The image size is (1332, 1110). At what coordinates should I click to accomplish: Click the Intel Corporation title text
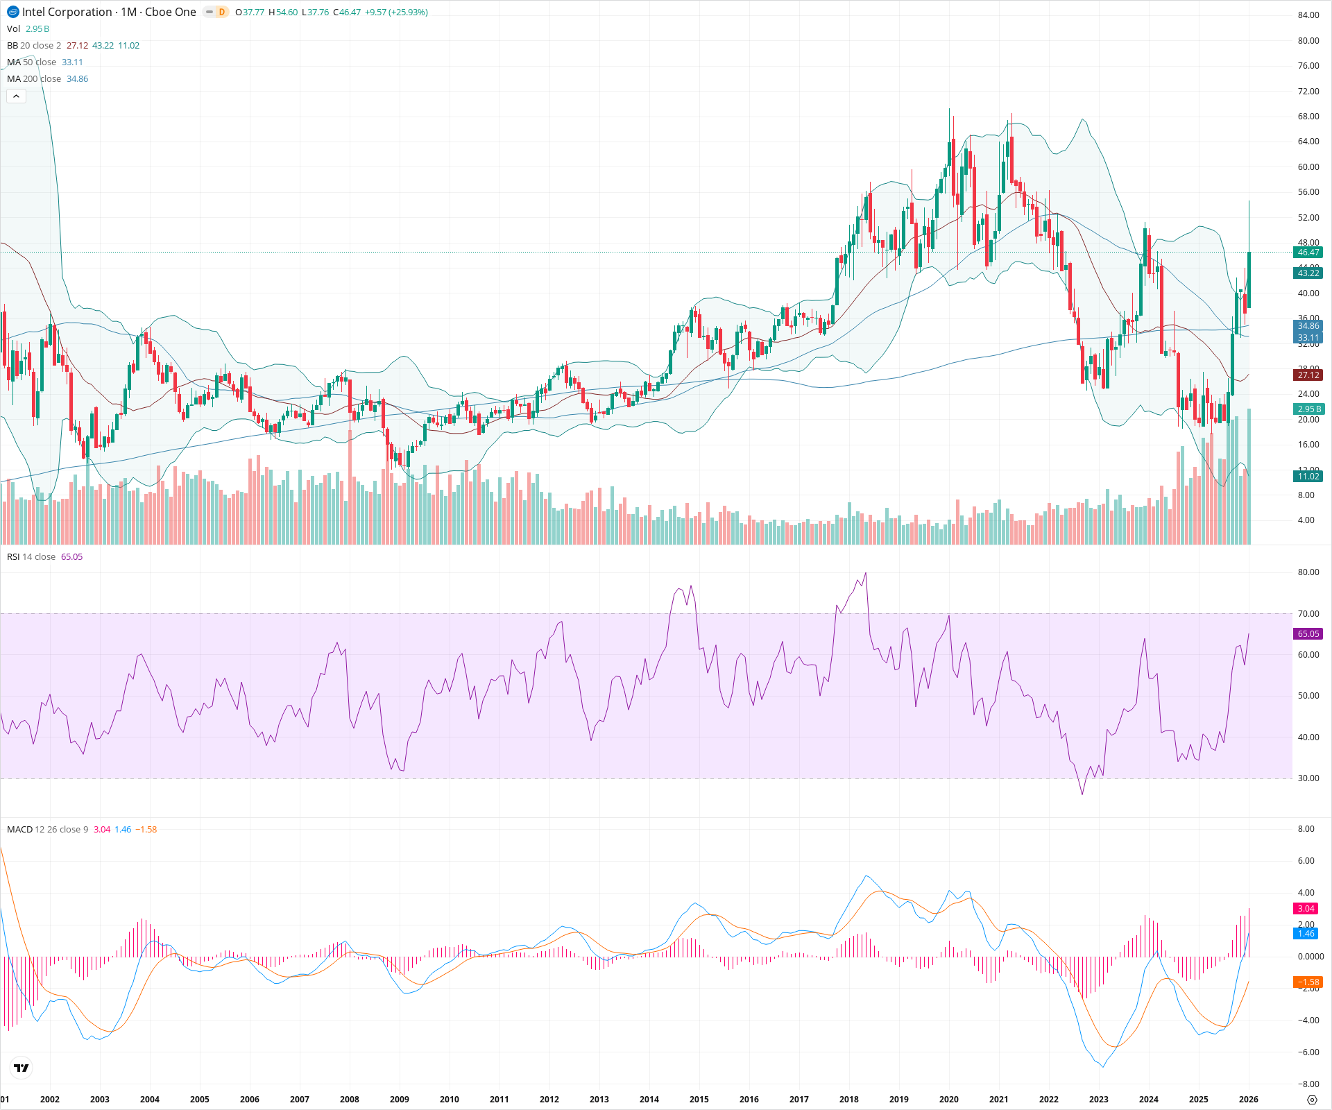67,12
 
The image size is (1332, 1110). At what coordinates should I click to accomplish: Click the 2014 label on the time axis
649,1099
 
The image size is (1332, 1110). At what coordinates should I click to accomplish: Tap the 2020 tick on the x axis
948,1099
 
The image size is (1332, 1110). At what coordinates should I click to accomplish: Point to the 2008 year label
350,1099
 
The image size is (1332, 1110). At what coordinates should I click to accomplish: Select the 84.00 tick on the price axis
1308,15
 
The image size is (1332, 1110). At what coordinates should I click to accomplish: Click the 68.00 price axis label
1308,117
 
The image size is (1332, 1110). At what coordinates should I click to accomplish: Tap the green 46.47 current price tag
1308,253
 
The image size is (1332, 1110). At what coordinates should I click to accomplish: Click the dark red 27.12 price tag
1308,375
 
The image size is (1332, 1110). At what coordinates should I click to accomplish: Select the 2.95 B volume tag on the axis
1308,409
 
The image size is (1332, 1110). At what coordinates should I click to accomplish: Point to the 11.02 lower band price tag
1308,477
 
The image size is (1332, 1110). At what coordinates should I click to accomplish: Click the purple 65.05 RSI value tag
1308,634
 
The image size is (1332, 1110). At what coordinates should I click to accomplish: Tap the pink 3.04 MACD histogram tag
1306,909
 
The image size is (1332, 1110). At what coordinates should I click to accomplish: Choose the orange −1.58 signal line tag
1308,982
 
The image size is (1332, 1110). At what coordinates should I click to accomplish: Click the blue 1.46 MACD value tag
1306,934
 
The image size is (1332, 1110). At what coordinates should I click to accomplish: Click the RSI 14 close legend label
31,557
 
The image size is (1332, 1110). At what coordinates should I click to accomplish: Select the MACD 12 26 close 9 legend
47,830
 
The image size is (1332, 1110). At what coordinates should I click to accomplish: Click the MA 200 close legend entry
34,79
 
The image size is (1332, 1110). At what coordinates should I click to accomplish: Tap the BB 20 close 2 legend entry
34,46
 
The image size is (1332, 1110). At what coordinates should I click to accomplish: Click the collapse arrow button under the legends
16,96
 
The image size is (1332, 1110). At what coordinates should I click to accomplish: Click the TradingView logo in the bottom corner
22,1068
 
